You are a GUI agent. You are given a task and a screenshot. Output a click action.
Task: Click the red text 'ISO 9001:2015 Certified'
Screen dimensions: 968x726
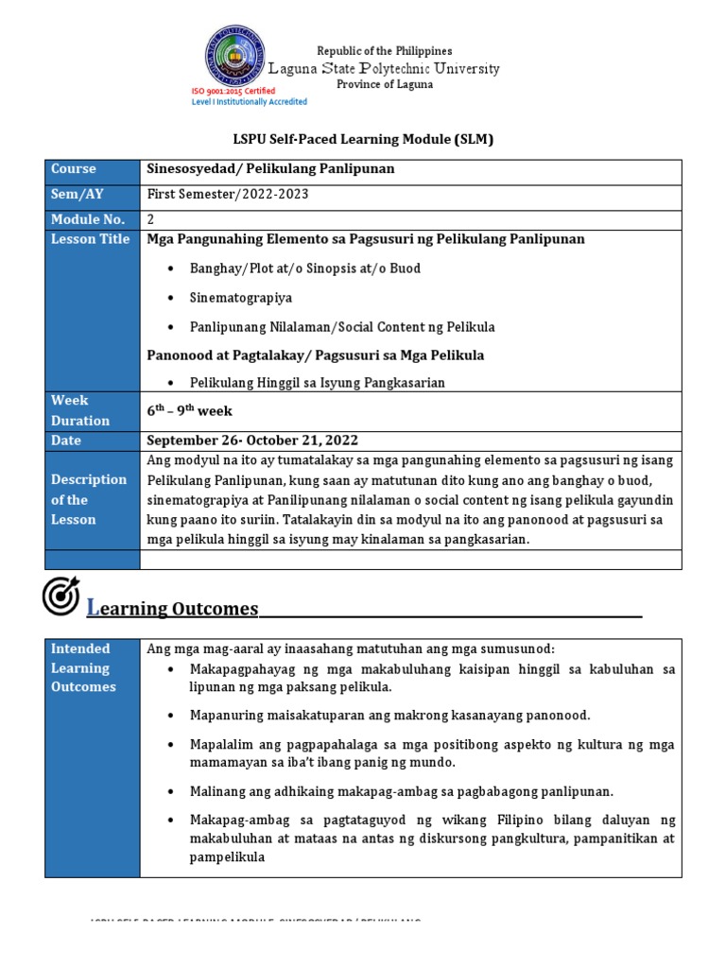tap(233, 91)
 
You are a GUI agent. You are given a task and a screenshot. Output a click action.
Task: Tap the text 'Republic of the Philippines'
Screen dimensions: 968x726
tap(384, 51)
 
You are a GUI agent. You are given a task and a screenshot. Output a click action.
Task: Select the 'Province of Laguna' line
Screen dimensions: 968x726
tap(385, 84)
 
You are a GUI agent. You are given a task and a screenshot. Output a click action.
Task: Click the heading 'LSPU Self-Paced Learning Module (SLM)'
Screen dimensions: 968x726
tap(363, 139)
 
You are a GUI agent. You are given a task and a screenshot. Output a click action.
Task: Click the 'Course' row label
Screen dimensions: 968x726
tap(74, 169)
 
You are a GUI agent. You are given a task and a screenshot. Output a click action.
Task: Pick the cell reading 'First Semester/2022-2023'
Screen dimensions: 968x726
tap(228, 194)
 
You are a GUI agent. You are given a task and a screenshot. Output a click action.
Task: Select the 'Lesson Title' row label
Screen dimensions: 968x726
tap(90, 239)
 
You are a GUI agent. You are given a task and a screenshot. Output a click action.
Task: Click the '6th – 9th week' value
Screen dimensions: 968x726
tap(189, 411)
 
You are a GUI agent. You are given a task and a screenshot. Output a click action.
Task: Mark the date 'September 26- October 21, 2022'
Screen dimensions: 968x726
tap(252, 441)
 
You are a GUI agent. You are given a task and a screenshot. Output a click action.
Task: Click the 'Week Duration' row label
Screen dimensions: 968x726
tap(80, 410)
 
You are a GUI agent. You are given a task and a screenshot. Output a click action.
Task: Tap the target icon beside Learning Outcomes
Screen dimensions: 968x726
tap(61, 596)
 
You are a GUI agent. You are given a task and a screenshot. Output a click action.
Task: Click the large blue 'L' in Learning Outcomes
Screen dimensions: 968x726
tap(93, 608)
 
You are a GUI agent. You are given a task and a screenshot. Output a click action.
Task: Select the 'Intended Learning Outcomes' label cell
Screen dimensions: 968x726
tap(82, 667)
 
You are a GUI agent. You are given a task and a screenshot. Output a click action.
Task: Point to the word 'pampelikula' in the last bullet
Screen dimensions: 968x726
tap(227, 858)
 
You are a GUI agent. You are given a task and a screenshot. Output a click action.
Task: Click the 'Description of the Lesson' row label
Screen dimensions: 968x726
tap(88, 499)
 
